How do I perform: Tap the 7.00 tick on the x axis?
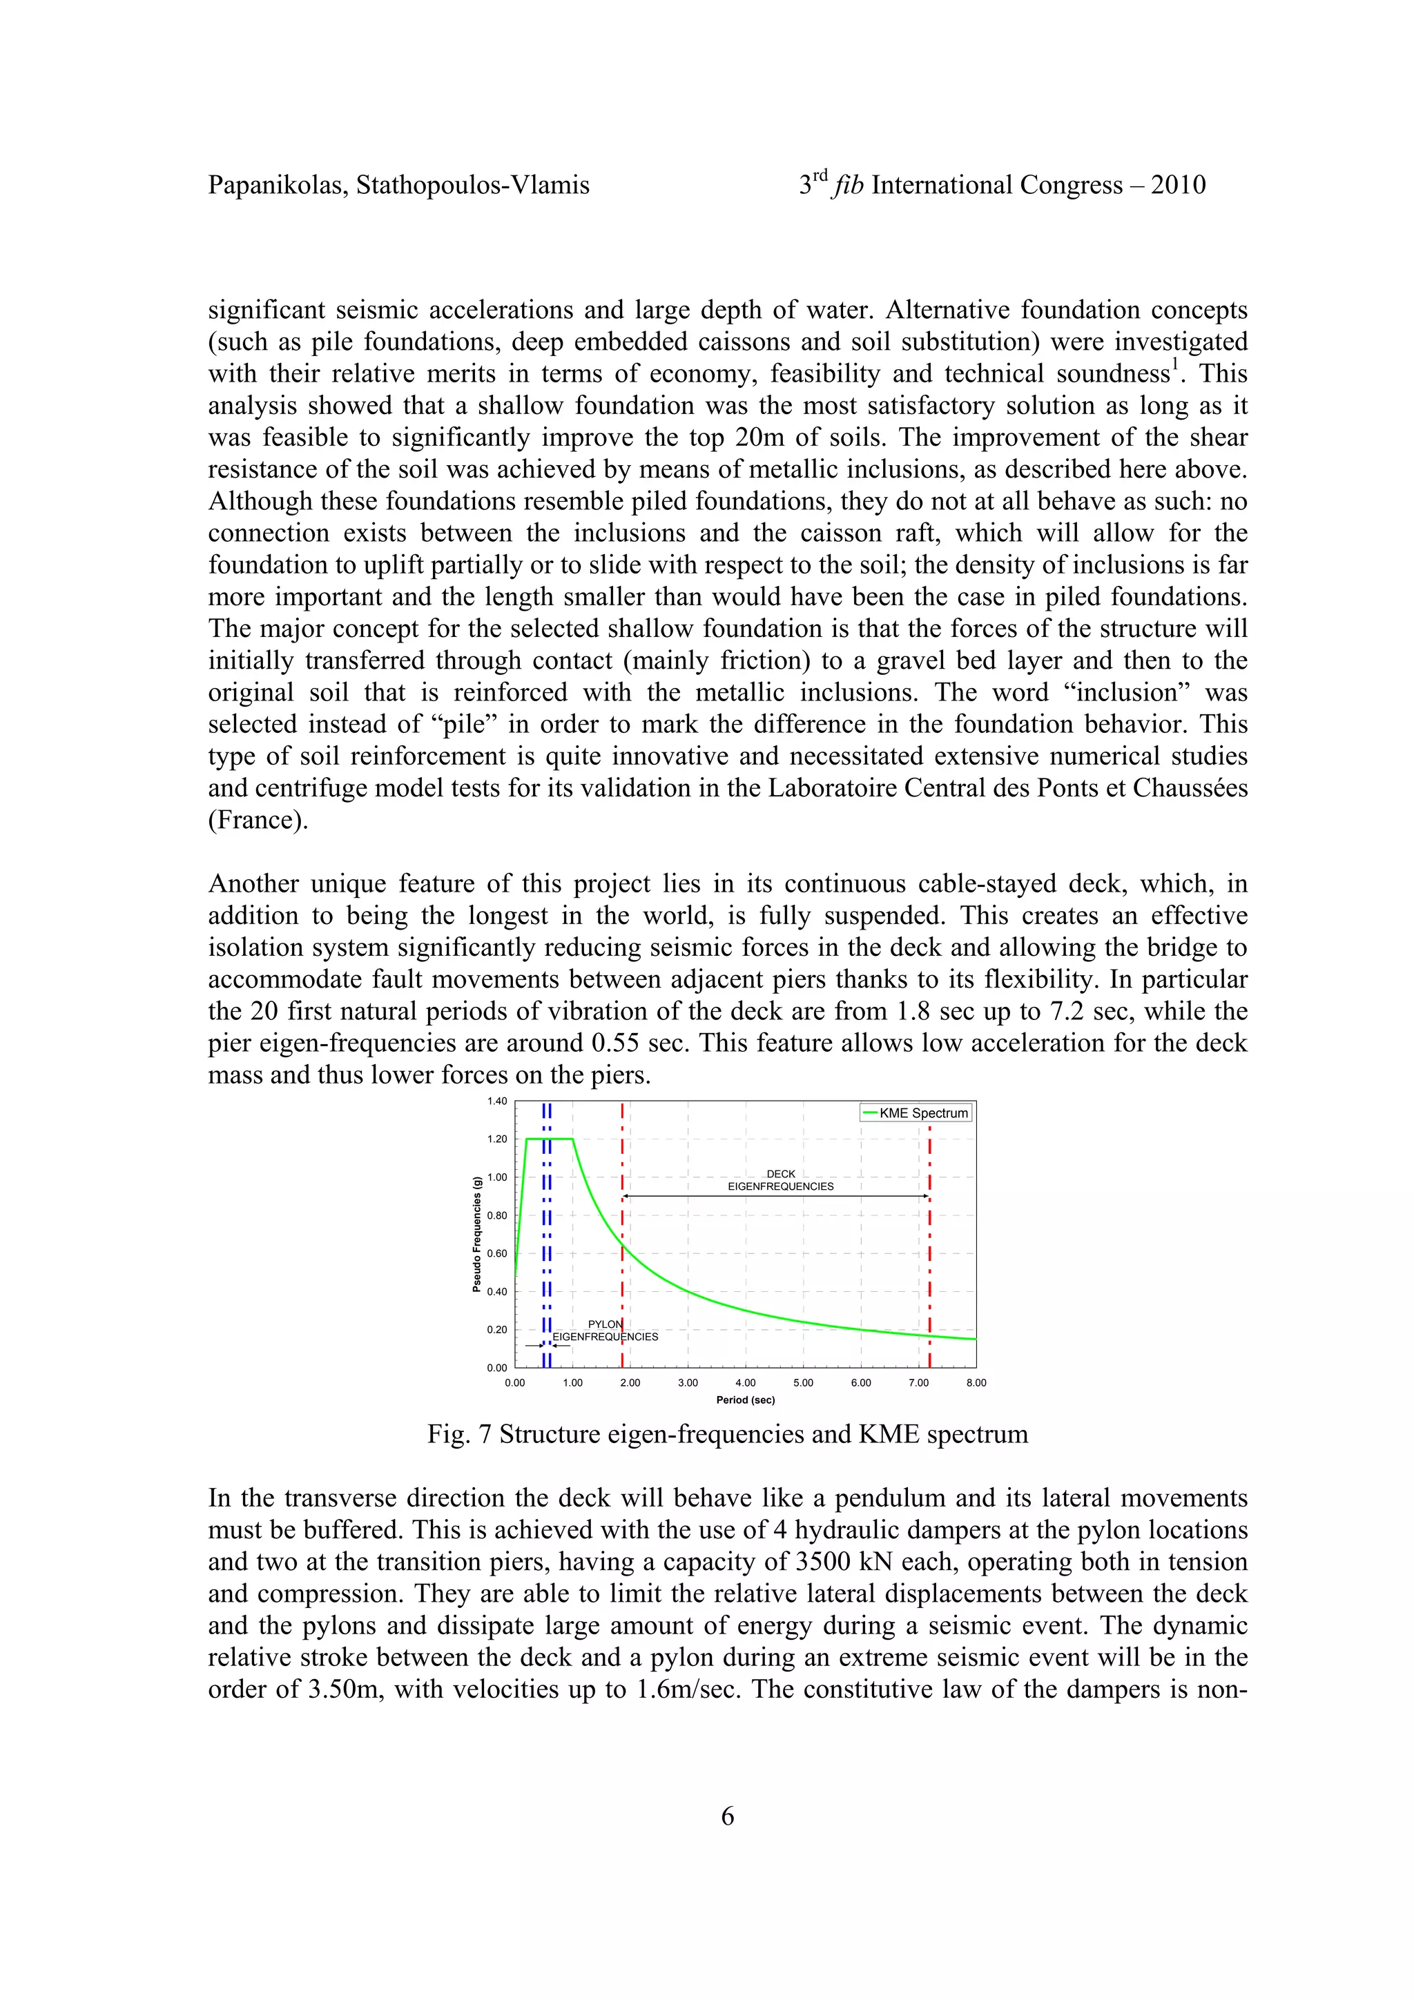[x=918, y=1382]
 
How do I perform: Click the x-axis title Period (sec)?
[x=745, y=1400]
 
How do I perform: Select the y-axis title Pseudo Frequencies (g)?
[x=476, y=1235]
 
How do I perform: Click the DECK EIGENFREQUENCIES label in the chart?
[x=781, y=1180]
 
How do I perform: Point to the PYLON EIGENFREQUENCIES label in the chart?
[x=605, y=1330]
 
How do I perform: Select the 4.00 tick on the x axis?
[x=745, y=1382]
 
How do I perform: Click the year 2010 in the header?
[x=1178, y=186]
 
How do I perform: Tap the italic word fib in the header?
[x=849, y=186]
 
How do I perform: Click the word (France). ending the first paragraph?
[x=258, y=821]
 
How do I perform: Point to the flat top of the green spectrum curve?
[x=550, y=1139]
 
